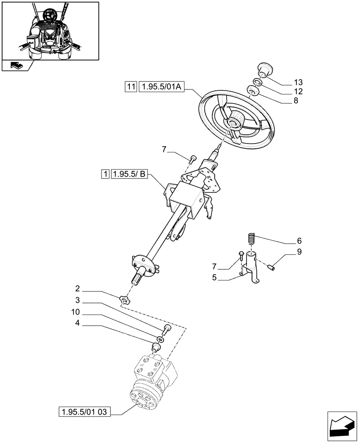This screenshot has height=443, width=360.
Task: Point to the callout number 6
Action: click(x=299, y=241)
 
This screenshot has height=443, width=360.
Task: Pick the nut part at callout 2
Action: click(x=125, y=300)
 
